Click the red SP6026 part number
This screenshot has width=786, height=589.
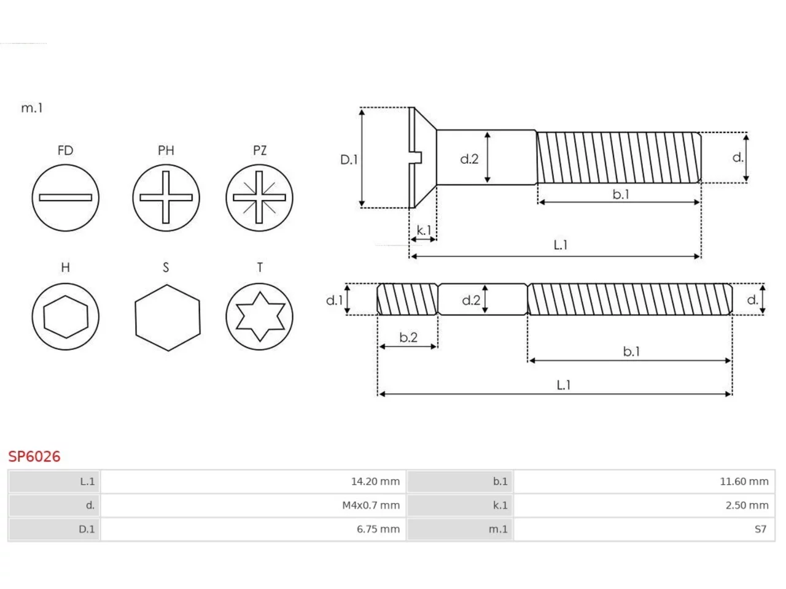coord(34,456)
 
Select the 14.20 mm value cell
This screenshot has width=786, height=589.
coord(375,482)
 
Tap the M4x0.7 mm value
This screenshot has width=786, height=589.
coord(371,506)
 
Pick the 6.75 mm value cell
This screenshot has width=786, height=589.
coord(378,529)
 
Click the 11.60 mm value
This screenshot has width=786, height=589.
coord(744,482)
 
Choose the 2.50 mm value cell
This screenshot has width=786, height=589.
coord(747,506)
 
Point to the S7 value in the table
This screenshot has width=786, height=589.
coord(760,529)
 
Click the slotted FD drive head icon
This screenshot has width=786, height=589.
coord(66,198)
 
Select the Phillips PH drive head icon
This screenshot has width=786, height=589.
coord(166,198)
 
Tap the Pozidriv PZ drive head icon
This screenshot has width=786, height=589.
coord(259,198)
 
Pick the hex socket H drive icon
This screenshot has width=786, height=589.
coord(66,317)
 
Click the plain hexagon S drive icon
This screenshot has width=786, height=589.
coord(168,318)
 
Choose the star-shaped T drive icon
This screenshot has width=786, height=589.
coord(259,317)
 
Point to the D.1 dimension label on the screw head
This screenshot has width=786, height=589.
coord(349,160)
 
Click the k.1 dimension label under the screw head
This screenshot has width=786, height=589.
coord(424,230)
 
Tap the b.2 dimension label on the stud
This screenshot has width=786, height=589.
coord(408,337)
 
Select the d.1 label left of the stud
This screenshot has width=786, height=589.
coord(335,301)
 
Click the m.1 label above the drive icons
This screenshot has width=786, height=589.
coord(32,108)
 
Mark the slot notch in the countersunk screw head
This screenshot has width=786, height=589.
coord(418,158)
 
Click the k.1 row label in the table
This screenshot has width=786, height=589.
coord(500,506)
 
